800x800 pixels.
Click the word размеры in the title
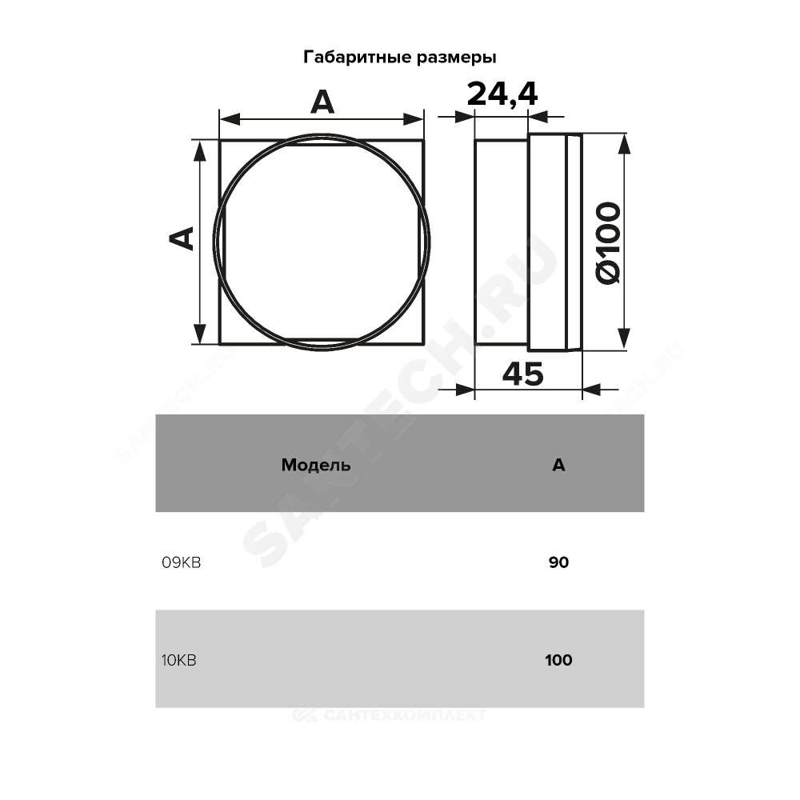(457, 58)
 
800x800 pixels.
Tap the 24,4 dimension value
(502, 95)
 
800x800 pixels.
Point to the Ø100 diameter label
(609, 243)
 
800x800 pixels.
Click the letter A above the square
(322, 102)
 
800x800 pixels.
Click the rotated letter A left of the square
(182, 238)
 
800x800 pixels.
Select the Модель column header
(316, 465)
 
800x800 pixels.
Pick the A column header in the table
(558, 465)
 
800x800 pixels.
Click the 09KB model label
(181, 562)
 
